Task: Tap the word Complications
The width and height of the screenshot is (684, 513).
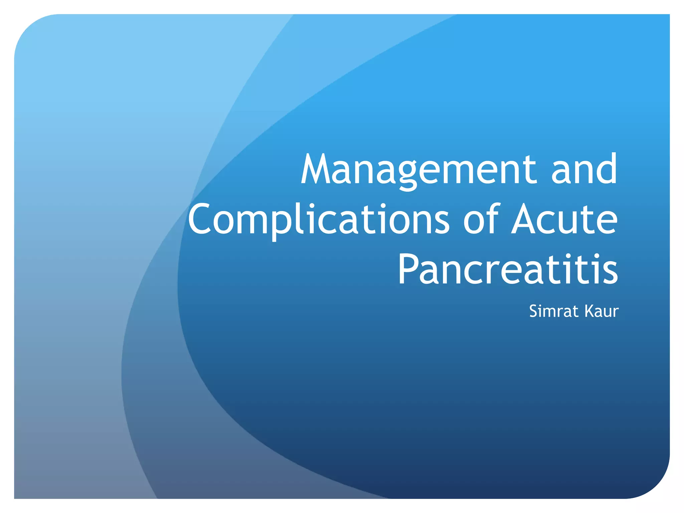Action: [319, 220]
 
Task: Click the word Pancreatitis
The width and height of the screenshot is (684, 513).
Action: [508, 269]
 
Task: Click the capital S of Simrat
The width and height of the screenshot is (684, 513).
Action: [534, 311]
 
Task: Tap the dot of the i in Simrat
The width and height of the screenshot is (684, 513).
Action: [543, 305]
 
